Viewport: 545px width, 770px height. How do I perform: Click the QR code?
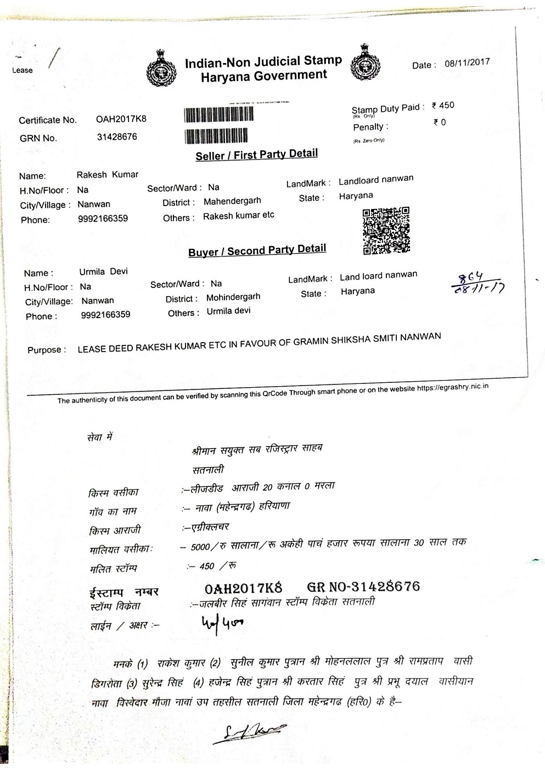click(386, 230)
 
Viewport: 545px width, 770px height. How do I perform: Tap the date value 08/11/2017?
click(467, 63)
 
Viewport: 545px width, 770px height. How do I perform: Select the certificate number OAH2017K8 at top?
click(121, 119)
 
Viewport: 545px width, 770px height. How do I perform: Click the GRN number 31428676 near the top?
click(117, 137)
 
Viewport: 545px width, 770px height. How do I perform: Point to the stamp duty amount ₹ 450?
click(443, 105)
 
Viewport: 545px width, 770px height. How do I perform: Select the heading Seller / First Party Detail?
click(256, 155)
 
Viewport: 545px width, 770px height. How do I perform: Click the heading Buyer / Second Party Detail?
click(257, 251)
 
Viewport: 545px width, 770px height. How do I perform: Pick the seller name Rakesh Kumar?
click(107, 174)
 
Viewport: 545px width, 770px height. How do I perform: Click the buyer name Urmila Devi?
click(103, 271)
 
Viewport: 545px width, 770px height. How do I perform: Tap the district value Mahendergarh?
click(232, 201)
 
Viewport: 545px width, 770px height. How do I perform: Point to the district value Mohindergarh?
click(233, 297)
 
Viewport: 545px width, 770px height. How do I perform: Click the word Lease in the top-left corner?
click(23, 70)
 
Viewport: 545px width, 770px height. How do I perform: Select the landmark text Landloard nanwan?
click(376, 180)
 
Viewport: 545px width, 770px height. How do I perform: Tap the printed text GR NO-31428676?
click(363, 587)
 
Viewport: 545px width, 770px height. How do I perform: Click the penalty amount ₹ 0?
click(439, 122)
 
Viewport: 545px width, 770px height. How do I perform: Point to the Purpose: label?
click(47, 350)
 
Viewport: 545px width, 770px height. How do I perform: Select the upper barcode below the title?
click(218, 114)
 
